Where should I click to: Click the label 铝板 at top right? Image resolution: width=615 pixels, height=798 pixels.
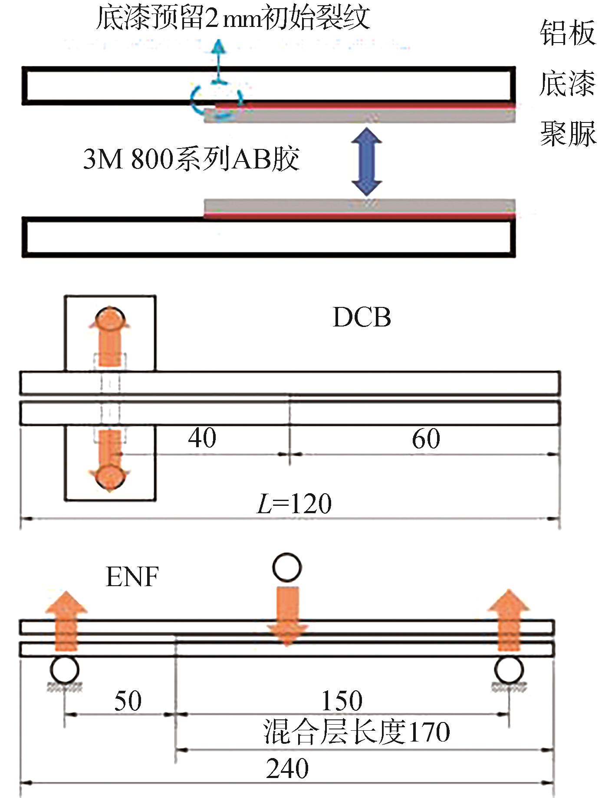click(568, 33)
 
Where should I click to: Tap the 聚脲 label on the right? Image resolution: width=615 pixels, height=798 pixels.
click(568, 133)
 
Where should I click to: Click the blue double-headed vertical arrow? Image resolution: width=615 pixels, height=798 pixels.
click(367, 162)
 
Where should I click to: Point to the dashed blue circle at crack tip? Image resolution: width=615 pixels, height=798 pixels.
click(216, 100)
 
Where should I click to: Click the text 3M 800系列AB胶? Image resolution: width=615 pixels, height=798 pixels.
click(191, 159)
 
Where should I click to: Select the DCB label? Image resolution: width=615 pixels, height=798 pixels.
click(362, 317)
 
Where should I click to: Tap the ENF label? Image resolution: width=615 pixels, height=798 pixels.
click(132, 577)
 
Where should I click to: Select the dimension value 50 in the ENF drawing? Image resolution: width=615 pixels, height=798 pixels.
click(128, 701)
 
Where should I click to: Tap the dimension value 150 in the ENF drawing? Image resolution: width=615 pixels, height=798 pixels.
click(342, 701)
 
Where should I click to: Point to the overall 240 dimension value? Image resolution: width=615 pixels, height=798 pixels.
click(287, 768)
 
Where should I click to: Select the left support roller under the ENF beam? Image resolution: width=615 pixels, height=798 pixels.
click(65, 670)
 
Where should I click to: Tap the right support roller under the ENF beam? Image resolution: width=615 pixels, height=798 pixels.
click(509, 670)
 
